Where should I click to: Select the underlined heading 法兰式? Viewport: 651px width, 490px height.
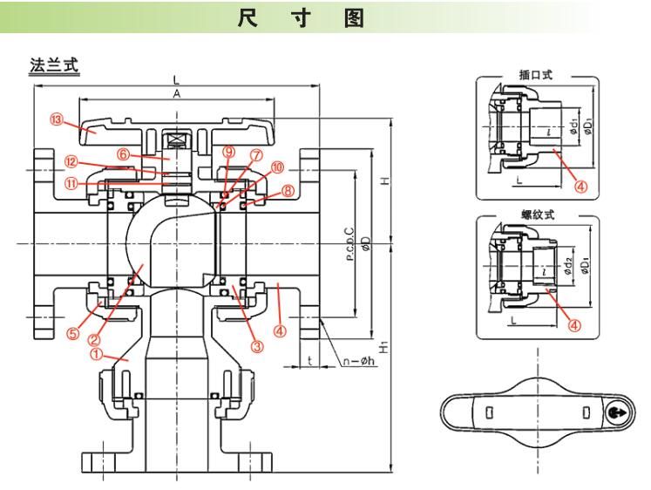pyautogui.click(x=55, y=66)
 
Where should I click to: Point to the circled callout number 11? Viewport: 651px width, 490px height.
pyautogui.click(x=71, y=183)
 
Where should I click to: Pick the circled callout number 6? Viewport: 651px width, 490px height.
pyautogui.click(x=124, y=154)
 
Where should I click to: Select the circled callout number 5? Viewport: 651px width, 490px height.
pyautogui.click(x=74, y=332)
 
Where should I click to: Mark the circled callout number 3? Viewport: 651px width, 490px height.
pyautogui.click(x=256, y=345)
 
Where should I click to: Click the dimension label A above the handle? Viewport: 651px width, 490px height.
pyautogui.click(x=176, y=94)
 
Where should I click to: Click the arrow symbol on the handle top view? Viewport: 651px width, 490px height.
pyautogui.click(x=615, y=412)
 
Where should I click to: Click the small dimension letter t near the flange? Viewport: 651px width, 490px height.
pyautogui.click(x=309, y=358)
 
